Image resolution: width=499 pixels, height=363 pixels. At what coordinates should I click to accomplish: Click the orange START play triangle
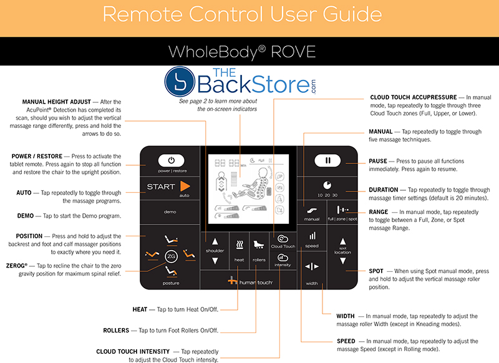(x=184, y=186)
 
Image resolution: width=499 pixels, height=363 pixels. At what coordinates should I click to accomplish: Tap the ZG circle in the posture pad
(x=171, y=256)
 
